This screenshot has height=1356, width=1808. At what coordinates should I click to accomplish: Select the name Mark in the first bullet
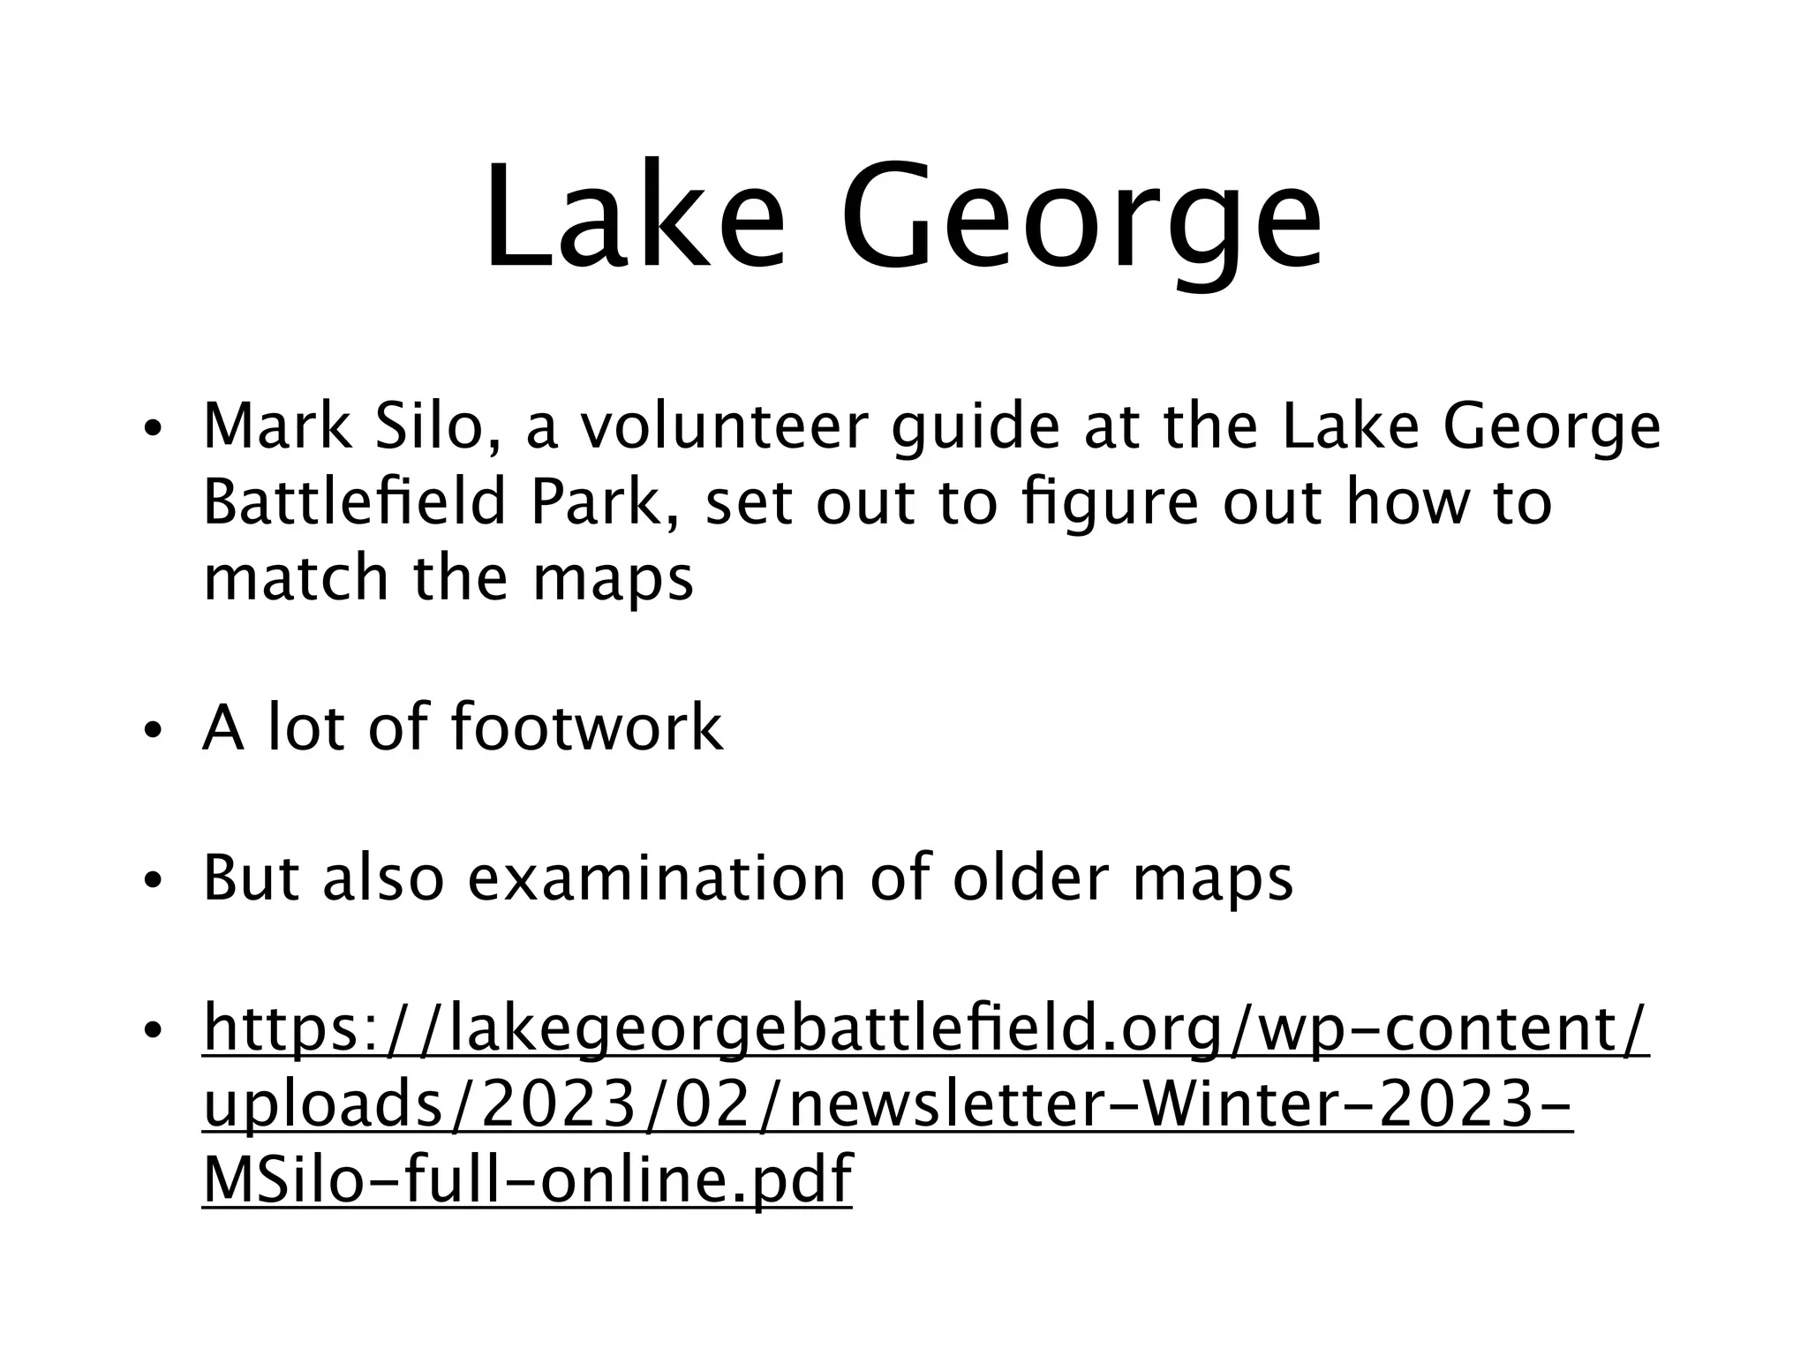click(277, 426)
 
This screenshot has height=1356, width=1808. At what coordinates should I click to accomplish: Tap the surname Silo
click(432, 426)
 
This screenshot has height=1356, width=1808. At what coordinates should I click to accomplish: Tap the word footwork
click(586, 727)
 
